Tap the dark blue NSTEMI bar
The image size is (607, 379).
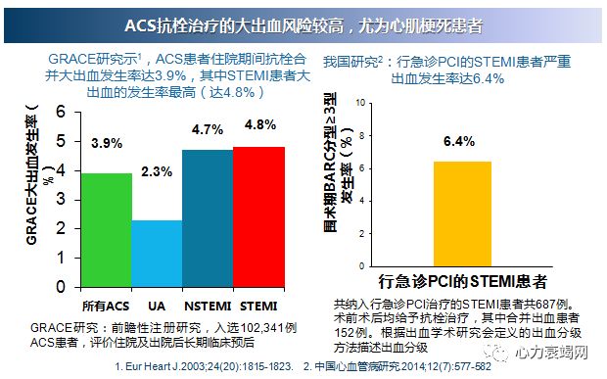(208, 217)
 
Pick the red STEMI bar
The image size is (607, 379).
(259, 215)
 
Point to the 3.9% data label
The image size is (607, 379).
(107, 144)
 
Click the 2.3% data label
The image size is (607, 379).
(157, 171)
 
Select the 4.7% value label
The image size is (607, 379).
(208, 129)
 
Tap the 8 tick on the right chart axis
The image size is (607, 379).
(364, 135)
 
